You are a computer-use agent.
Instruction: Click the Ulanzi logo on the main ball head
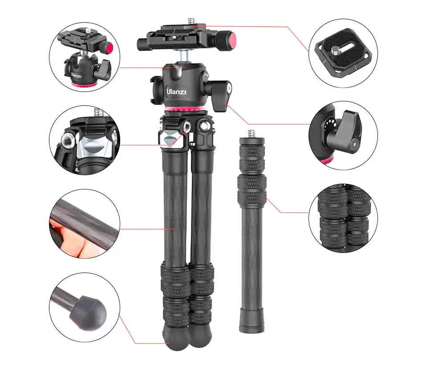176,92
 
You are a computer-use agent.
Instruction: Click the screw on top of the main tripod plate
191,21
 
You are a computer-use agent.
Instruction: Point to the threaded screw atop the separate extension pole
251,133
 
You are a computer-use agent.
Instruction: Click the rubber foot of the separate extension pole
252,321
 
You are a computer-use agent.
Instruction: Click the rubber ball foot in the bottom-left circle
88,313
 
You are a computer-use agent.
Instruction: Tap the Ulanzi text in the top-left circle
76,76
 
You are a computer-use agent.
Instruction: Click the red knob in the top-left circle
109,49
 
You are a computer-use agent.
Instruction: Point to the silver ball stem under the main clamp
184,57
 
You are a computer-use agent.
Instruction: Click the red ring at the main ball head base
186,109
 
